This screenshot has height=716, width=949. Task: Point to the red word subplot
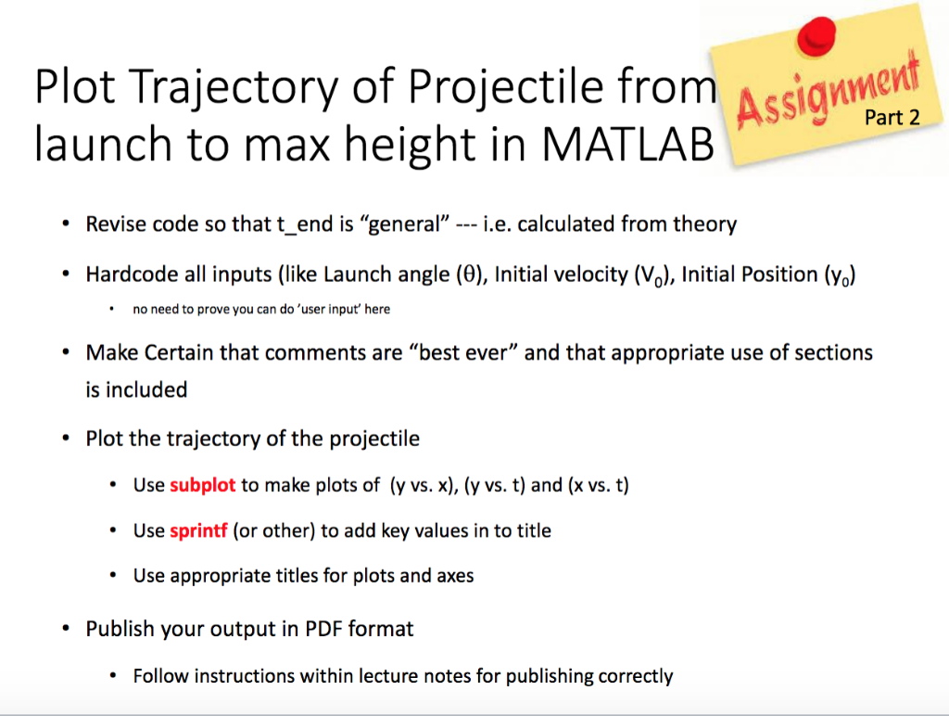pos(203,485)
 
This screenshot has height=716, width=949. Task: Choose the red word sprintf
pos(198,531)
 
